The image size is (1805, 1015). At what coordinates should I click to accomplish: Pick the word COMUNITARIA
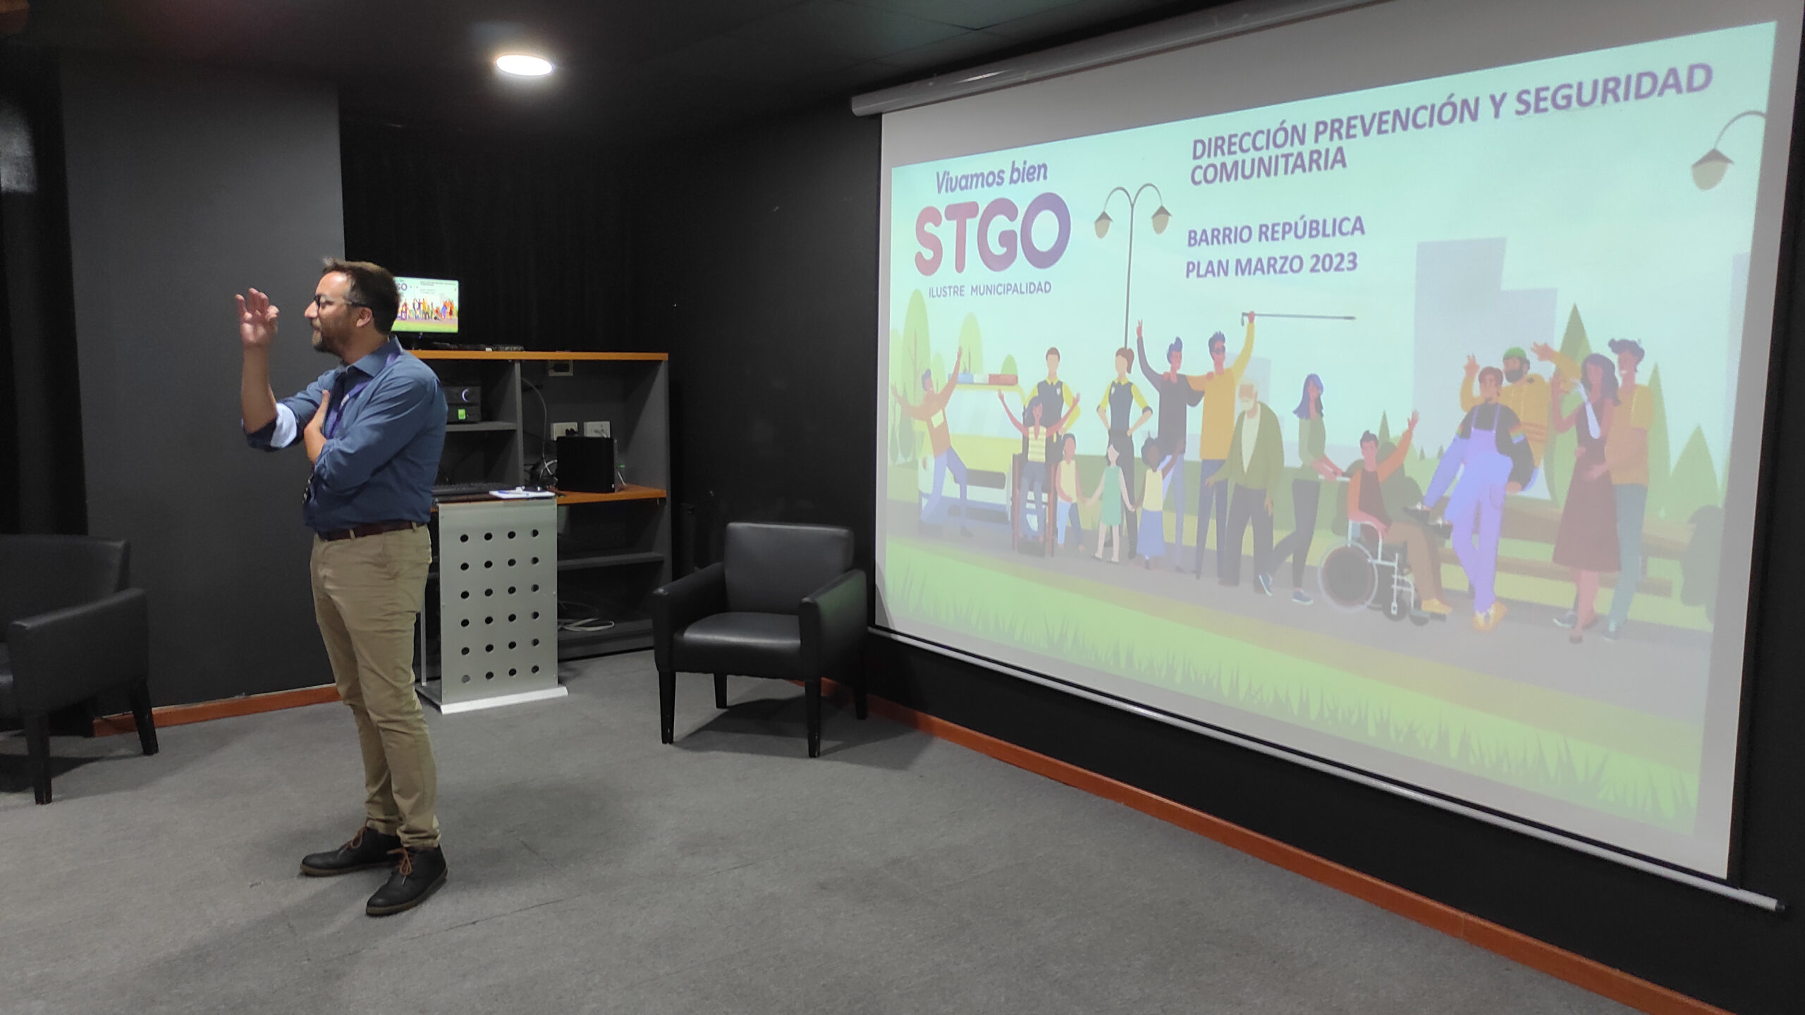coord(1268,170)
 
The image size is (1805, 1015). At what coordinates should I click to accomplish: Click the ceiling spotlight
coord(524,65)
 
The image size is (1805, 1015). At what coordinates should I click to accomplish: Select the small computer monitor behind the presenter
coord(425,305)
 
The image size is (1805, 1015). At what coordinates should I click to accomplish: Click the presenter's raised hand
coord(256,317)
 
